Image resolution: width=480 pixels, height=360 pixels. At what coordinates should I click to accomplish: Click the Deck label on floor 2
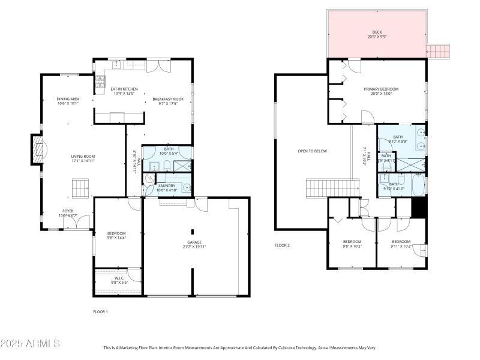pos(376,35)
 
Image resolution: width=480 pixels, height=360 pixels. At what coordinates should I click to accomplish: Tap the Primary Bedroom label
pos(380,91)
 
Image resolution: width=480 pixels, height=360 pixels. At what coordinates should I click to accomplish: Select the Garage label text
pos(193,244)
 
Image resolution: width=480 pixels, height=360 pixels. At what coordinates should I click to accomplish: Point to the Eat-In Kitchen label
pos(124,91)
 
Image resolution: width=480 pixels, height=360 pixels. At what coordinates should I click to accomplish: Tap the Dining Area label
pos(68,101)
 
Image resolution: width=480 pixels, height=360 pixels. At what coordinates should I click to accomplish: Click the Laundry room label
pos(166,188)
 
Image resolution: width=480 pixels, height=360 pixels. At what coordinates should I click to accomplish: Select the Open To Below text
pos(312,151)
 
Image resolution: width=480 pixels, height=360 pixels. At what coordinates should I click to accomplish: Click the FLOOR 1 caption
pos(100,311)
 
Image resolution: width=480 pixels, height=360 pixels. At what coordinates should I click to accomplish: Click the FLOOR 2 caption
pos(282,245)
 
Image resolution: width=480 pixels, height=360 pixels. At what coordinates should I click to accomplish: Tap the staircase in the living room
pos(80,188)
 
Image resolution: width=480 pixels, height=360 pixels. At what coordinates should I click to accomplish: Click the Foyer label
pos(68,213)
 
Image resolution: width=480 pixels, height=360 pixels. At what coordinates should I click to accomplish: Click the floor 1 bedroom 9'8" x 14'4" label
pos(116,235)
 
